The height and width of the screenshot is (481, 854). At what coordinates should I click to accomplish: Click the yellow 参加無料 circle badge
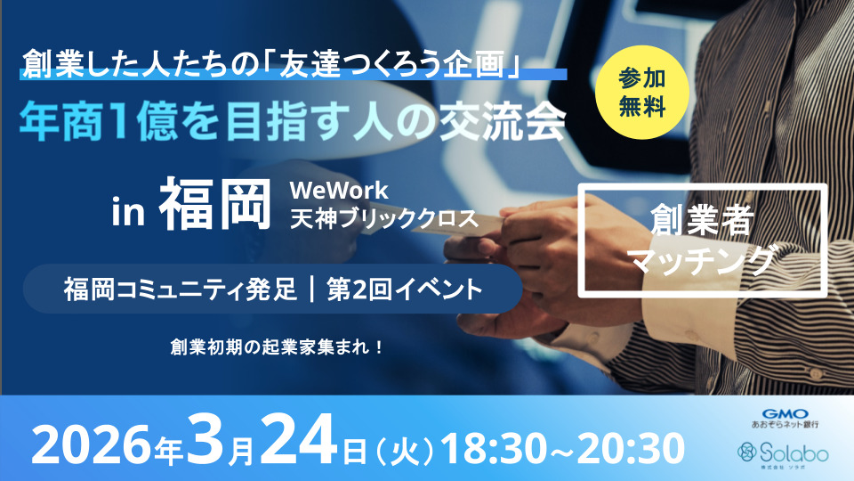(x=642, y=92)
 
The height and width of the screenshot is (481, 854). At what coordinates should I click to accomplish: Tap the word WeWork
(x=339, y=191)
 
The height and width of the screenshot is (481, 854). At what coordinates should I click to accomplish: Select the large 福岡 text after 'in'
(x=215, y=204)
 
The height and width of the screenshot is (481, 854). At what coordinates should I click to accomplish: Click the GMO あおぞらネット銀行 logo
(x=785, y=419)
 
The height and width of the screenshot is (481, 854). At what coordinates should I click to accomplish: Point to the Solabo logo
(x=783, y=453)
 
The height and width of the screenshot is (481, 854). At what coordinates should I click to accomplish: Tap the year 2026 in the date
(x=92, y=446)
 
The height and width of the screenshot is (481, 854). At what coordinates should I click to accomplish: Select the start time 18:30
(x=492, y=448)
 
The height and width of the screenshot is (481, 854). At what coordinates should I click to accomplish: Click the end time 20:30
(x=631, y=448)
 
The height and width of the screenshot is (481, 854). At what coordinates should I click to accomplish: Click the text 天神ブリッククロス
(x=384, y=220)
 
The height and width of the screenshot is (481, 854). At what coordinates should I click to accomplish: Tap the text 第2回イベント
(x=405, y=289)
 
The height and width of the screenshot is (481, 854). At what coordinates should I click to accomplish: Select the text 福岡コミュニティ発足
(x=181, y=289)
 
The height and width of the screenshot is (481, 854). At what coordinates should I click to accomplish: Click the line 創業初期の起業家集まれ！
(x=278, y=346)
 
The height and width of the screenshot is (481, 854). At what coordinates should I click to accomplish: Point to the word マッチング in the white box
(x=702, y=259)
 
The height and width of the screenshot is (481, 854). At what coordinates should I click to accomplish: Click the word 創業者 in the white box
(x=702, y=220)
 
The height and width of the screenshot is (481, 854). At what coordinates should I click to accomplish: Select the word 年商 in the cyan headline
(x=61, y=123)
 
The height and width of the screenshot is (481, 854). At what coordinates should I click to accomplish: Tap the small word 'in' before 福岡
(x=128, y=212)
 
